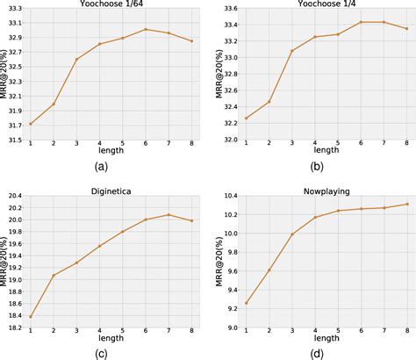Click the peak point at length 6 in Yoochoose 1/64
tap(146, 29)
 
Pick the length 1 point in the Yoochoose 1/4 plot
tap(247, 118)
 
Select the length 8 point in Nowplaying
tap(406, 204)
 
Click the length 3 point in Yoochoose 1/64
tap(76, 59)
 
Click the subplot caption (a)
tap(101, 166)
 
